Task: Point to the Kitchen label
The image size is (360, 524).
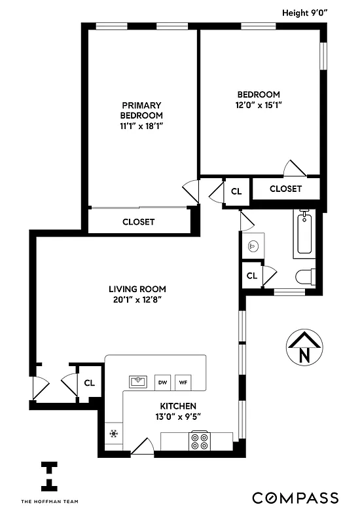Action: [176, 406]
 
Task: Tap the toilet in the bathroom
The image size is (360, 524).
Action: [304, 277]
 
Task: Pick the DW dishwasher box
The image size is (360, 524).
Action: [162, 382]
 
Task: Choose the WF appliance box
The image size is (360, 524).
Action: [184, 382]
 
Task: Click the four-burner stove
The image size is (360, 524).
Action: [199, 441]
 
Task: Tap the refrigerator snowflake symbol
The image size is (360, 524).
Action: [113, 433]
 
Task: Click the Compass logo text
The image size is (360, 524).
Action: [296, 498]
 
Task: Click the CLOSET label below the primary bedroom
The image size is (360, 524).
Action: [139, 222]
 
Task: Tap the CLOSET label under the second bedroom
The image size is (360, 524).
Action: [285, 189]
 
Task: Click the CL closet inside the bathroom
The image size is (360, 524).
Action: [251, 276]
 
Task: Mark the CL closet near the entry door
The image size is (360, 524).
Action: [89, 383]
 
